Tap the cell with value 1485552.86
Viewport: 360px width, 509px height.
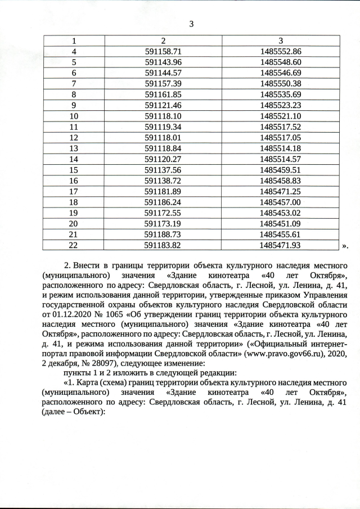281,51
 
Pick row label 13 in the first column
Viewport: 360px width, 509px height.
73,148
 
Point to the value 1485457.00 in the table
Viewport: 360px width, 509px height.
281,202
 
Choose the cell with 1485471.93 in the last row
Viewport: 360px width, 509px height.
281,245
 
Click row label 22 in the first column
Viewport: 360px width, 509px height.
73,245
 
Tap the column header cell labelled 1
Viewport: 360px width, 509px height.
73,40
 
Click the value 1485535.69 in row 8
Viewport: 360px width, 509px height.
281,94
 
